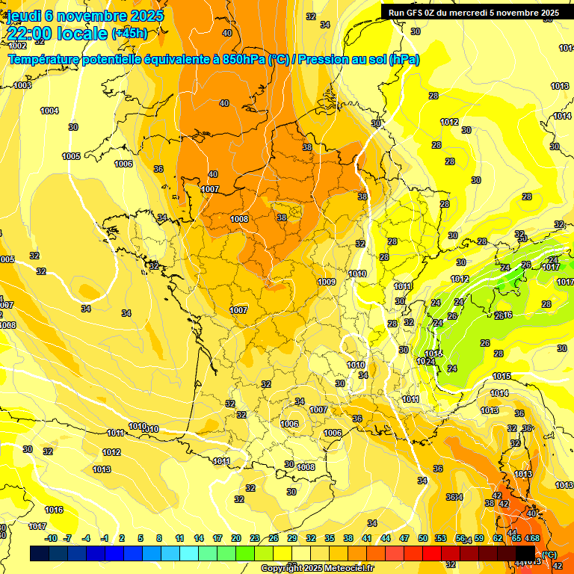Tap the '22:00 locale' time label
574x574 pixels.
click(57, 34)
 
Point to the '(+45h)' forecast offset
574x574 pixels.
click(129, 34)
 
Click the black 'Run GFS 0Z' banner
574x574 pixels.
click(473, 12)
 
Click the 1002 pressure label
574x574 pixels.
click(17, 46)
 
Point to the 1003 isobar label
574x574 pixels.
click(23, 85)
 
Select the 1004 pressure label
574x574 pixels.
click(49, 111)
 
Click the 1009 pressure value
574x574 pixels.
click(326, 282)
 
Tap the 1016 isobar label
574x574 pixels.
click(54, 510)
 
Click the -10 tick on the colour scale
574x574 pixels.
click(51, 538)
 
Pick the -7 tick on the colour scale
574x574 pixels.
click(68, 538)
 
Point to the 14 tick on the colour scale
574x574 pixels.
click(199, 538)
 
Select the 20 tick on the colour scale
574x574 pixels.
click(235, 538)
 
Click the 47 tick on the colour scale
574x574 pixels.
click(404, 538)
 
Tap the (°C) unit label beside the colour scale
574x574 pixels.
click(549, 554)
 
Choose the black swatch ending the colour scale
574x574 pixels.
click(525, 553)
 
